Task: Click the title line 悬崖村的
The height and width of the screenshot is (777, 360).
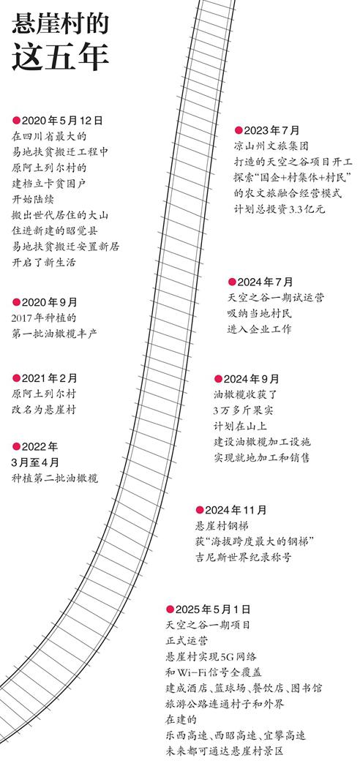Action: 60,23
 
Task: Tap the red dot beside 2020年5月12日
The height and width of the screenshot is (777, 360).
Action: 16,120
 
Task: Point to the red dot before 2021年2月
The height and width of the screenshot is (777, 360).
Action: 16,378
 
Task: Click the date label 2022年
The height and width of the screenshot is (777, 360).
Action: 40,447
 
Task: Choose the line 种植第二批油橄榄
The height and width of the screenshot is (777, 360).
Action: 55,478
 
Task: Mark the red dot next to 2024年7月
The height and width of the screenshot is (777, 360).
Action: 232,282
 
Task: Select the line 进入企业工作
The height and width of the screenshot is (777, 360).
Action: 259,329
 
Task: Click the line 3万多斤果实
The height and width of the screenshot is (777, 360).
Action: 244,410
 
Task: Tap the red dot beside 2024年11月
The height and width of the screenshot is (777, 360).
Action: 200,510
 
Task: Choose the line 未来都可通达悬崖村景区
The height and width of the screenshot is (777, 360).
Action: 224,751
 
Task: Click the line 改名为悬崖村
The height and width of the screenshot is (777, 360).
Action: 44,410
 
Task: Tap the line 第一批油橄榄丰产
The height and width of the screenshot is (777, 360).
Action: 55,334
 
